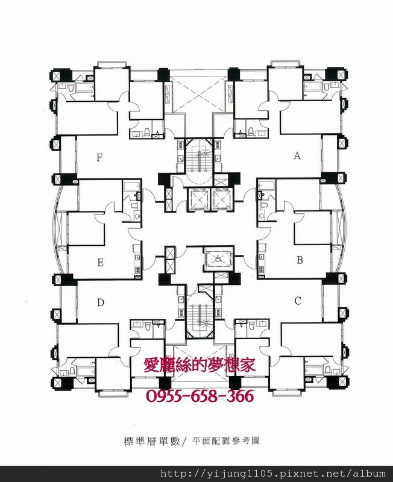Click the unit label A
(x=297, y=156)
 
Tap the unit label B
(x=300, y=260)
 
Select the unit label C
(x=298, y=301)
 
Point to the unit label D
(x=101, y=303)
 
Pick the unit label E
(x=100, y=263)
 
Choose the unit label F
(x=99, y=158)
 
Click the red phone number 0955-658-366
(x=200, y=396)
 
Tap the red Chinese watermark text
(x=200, y=366)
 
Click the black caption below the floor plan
(x=192, y=441)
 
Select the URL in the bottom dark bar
(x=273, y=474)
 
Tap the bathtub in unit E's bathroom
(x=131, y=186)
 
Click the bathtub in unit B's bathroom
(x=266, y=186)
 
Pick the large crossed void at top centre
(x=200, y=94)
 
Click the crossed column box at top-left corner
(x=57, y=75)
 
